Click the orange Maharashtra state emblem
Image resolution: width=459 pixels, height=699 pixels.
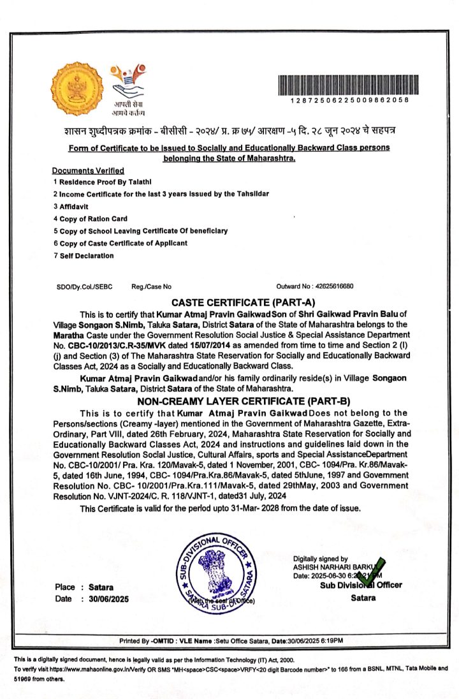click(76, 90)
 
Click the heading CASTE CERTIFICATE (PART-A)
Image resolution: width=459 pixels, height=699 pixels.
click(244, 302)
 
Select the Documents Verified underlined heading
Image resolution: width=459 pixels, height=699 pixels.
click(88, 171)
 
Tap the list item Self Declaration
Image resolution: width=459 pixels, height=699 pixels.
click(83, 256)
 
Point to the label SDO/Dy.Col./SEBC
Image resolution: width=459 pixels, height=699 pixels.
click(84, 286)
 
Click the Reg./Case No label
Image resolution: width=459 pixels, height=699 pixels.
click(151, 286)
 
